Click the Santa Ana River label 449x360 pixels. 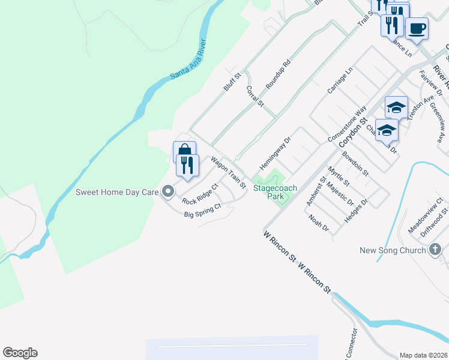187,61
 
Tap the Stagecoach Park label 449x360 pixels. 276,192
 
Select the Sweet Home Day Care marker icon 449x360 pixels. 168,192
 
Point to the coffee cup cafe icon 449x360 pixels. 417,28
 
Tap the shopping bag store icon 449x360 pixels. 184,152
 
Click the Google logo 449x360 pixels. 20,353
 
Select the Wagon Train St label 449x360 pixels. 228,173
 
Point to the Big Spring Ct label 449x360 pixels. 203,210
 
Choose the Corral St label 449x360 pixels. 255,96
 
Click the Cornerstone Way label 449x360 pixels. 347,125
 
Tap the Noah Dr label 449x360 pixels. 318,225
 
